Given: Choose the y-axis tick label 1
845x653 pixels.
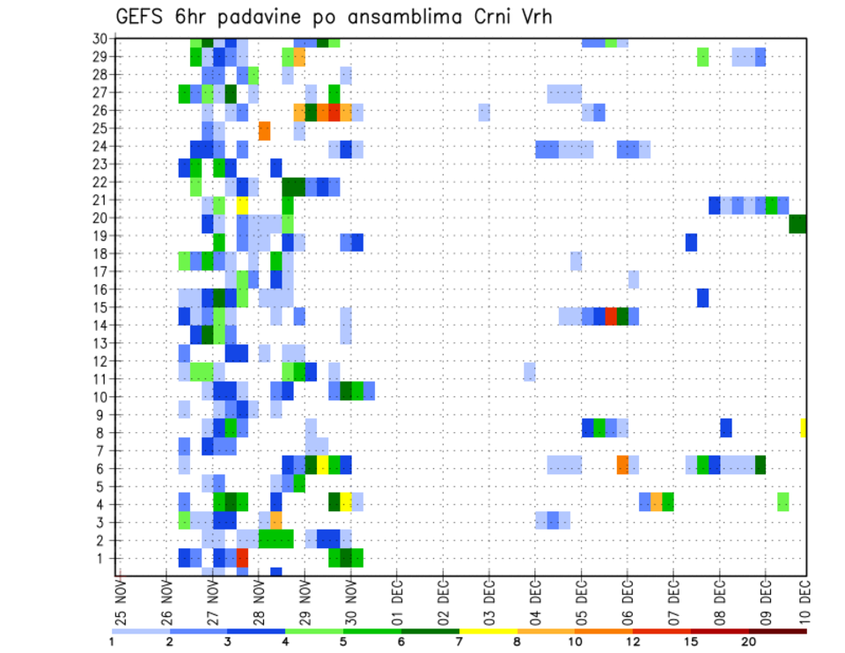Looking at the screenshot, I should pos(104,558).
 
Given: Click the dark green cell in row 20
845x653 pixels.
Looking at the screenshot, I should pos(797,224).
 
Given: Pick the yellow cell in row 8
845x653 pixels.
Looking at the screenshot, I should pos(803,428).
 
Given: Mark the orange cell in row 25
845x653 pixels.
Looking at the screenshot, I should pos(264,131).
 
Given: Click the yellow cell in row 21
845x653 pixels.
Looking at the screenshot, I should pos(242,205).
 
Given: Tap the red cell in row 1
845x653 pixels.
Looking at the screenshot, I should pos(242,558).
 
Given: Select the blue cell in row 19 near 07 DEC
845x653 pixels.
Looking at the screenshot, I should pos(691,242).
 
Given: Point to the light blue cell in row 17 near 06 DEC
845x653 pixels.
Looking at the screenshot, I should pos(633,280).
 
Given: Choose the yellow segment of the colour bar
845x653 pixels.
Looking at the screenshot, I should pos(489,630).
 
